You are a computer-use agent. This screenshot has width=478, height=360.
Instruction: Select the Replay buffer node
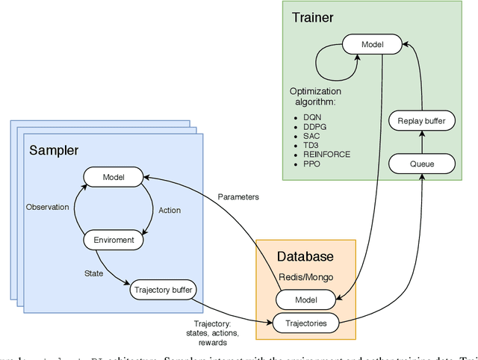pos(423,120)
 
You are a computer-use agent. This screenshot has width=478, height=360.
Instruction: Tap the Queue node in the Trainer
pos(423,162)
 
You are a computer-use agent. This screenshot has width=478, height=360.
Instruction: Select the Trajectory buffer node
pos(164,289)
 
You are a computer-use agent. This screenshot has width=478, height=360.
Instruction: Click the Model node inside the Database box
pos(305,300)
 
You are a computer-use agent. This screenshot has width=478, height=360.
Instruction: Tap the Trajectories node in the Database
pos(305,323)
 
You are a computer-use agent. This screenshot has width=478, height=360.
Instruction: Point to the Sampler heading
pos(54,151)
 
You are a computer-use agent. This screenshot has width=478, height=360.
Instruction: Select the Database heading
pos(305,256)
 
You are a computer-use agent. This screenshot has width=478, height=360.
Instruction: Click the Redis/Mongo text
pos(305,276)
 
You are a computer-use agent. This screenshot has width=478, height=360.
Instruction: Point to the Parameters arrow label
pos(239,197)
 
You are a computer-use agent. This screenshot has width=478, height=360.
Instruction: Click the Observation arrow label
pos(48,207)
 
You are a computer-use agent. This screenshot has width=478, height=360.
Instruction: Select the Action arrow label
pos(170,210)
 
